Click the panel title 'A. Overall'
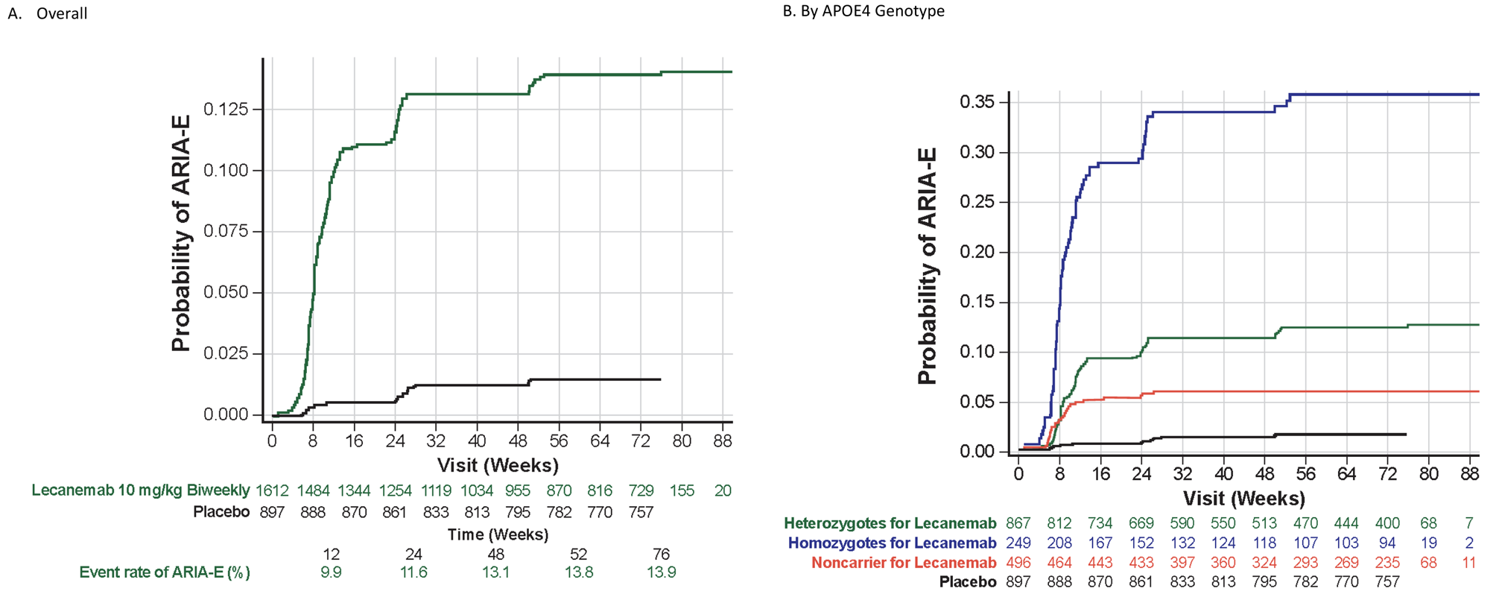click(48, 13)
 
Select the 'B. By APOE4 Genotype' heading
click(863, 11)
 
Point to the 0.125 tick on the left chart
click(232, 110)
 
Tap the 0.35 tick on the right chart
click(977, 101)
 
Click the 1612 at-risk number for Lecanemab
click(272, 490)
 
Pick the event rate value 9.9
click(331, 572)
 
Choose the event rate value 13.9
click(661, 572)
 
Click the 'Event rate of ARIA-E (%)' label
click(165, 572)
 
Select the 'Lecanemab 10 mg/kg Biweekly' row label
click(140, 490)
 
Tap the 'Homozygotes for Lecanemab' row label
click(892, 543)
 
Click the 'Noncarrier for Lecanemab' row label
click(904, 563)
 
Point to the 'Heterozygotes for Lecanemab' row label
click(890, 523)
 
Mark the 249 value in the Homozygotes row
click(1018, 543)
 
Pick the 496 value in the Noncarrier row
click(1018, 563)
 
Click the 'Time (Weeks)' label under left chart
click(498, 534)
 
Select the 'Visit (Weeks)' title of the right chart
click(1243, 498)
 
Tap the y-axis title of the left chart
click(181, 233)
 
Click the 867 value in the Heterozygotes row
click(1018, 523)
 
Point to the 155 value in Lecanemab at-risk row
click(681, 490)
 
